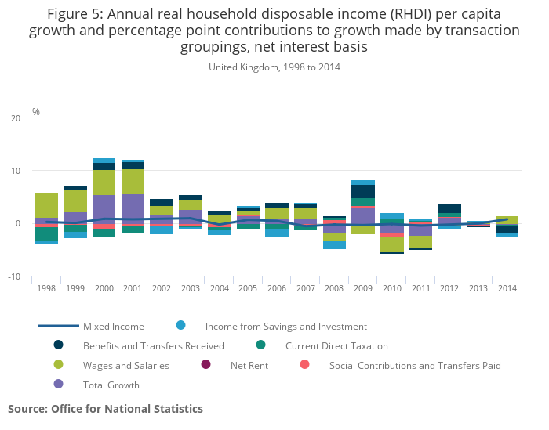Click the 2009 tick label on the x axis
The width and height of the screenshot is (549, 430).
click(362, 288)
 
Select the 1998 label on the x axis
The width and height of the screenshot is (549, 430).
click(46, 288)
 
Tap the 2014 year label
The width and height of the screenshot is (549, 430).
click(507, 288)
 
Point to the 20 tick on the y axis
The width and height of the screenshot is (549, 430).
click(16, 118)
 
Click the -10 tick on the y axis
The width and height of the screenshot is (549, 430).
click(14, 277)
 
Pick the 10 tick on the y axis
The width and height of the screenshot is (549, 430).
click(16, 171)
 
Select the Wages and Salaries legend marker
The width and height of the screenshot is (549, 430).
click(58, 365)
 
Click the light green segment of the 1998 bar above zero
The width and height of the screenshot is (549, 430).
click(46, 205)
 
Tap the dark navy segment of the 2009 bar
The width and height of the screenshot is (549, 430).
click(362, 191)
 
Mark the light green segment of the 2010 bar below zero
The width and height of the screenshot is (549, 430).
click(392, 244)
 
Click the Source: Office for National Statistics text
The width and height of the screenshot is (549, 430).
click(105, 409)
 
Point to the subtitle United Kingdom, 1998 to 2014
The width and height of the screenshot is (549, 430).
click(274, 67)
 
